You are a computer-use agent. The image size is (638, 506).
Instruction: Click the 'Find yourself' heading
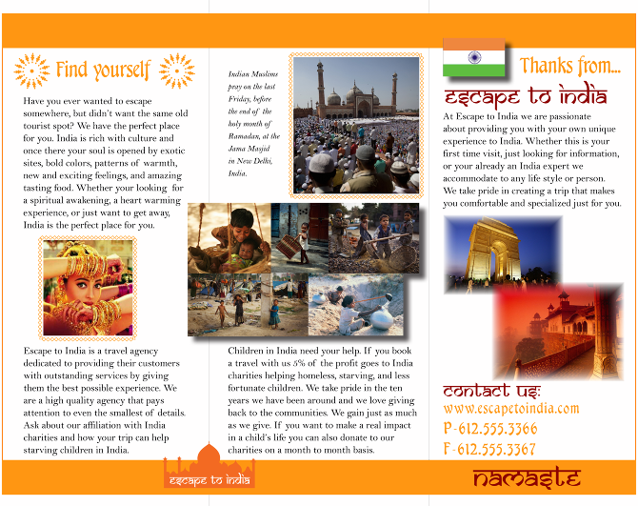pyautogui.click(x=103, y=70)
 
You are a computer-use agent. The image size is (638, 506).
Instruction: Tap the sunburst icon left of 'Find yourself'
pyautogui.click(x=32, y=71)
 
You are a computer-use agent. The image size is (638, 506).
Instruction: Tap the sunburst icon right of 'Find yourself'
pyautogui.click(x=176, y=71)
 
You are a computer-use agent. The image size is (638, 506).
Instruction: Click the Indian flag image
pyautogui.click(x=473, y=58)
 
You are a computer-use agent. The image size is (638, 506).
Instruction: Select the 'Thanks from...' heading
pyautogui.click(x=570, y=66)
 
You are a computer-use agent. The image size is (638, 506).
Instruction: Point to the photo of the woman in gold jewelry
pyautogui.click(x=88, y=287)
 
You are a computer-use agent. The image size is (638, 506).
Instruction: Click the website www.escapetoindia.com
pyautogui.click(x=510, y=408)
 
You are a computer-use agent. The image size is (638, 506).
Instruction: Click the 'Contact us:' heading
pyautogui.click(x=491, y=391)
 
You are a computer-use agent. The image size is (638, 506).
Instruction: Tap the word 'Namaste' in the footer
pyautogui.click(x=526, y=478)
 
